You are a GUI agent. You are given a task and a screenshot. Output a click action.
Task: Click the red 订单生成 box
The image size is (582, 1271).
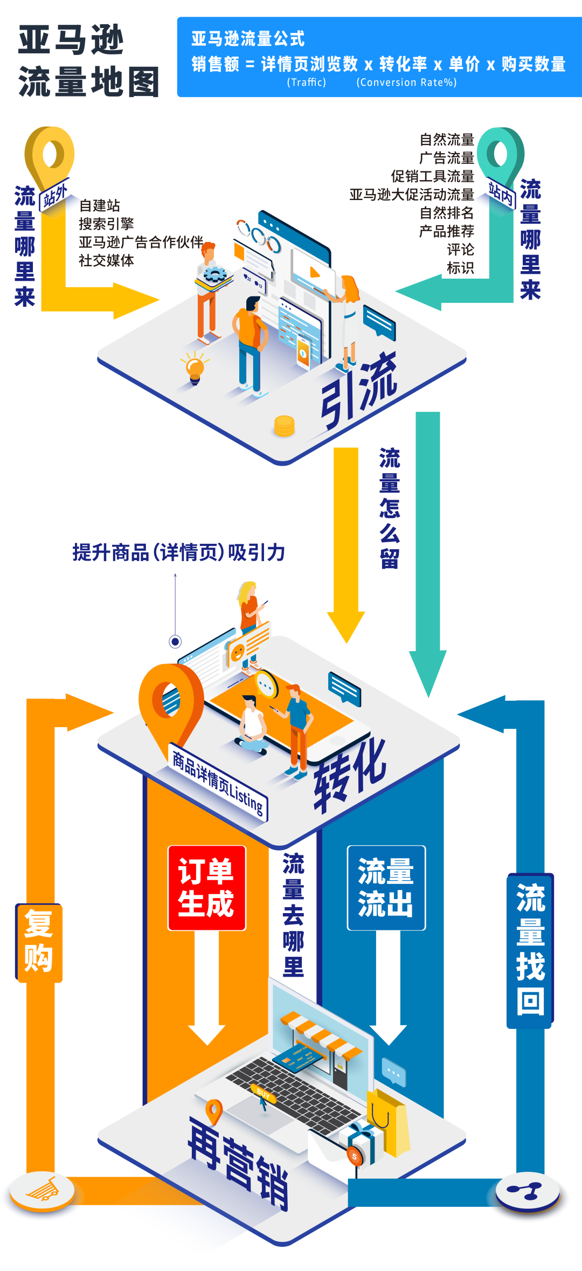[207, 888]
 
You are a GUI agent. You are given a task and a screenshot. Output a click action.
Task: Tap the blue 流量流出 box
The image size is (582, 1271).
[386, 888]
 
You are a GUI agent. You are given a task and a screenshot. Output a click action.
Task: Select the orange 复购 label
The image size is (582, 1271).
[39, 943]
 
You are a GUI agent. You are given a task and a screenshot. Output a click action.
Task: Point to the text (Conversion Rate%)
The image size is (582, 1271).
[406, 82]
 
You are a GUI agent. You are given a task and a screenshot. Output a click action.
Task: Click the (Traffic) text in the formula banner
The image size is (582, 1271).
[306, 82]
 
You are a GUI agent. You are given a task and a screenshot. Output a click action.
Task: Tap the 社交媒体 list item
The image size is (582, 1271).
[106, 260]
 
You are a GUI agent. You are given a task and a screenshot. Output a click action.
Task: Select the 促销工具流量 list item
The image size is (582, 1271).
[432, 176]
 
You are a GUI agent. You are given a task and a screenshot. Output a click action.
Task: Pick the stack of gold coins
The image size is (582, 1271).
[284, 426]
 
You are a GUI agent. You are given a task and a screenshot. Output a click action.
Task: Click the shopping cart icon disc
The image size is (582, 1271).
[43, 1190]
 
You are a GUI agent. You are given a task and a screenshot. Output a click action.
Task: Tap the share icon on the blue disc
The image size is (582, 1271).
[527, 1190]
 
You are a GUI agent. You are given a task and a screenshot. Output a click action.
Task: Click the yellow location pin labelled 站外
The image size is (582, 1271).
[50, 156]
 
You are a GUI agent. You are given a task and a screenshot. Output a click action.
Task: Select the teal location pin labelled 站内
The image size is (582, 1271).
[501, 156]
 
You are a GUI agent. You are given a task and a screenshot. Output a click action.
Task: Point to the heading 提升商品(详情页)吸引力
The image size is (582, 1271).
[178, 552]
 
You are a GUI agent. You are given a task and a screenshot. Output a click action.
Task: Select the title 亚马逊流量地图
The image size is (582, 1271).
[89, 61]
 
